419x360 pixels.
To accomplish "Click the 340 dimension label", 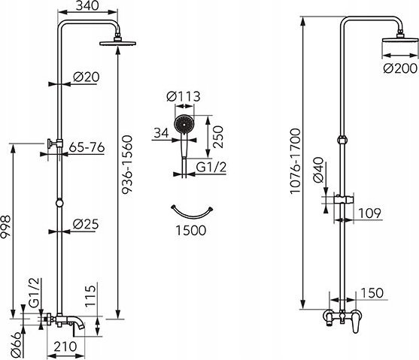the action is [87, 5].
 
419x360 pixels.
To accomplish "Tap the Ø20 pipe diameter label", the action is [87, 77].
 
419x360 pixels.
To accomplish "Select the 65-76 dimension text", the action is [87, 147].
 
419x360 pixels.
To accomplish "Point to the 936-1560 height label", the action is [127, 165].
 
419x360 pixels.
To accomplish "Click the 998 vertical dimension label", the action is [5, 227].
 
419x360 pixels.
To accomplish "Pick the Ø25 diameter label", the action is [86, 224].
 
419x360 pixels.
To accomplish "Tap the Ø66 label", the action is [16, 344].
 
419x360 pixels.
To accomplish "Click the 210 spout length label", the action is [65, 346].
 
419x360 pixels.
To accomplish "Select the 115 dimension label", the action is [90, 296].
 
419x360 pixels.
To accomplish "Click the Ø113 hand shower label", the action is [184, 96].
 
